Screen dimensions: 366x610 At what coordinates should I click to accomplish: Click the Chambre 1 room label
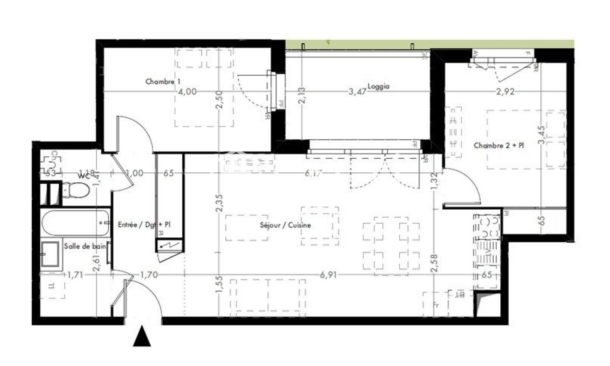pos(160,82)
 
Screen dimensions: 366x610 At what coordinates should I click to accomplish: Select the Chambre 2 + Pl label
pos(498,146)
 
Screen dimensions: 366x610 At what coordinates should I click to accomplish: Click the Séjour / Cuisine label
pos(285,225)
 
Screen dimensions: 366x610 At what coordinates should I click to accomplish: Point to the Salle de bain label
pos(85,246)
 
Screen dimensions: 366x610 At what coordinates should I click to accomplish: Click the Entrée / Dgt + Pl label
pos(144,224)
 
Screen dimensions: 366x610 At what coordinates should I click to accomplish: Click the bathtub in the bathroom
pos(75,222)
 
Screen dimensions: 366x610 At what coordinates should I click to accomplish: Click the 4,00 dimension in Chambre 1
pos(187,92)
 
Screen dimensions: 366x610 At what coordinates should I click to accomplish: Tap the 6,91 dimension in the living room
pos(328,275)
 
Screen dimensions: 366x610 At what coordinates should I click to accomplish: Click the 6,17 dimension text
pos(313,173)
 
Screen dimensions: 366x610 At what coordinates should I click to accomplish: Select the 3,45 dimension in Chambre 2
pos(542,135)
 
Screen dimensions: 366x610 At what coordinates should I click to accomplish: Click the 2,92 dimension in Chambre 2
pos(505,92)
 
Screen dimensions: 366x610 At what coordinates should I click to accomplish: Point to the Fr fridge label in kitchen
pos(436,305)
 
